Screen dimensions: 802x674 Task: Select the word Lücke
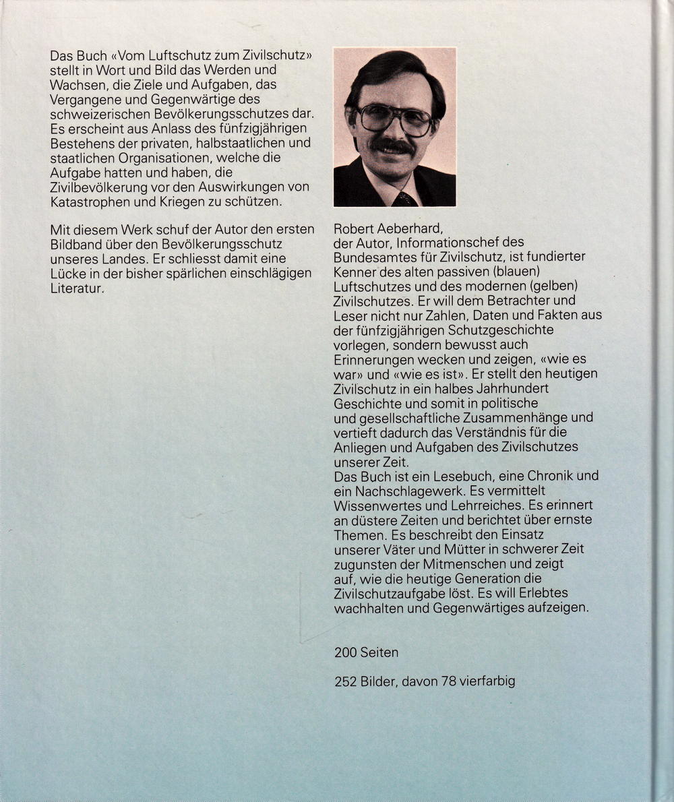coord(66,274)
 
